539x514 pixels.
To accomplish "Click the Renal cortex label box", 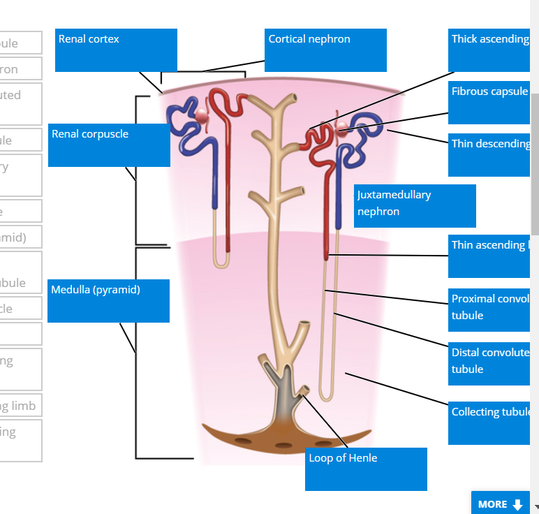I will click(116, 50).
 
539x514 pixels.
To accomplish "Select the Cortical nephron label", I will click(325, 50).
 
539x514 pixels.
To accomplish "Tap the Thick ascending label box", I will click(489, 50).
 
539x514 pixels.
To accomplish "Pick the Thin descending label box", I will click(489, 155).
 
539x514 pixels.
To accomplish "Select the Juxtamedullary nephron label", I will click(415, 205).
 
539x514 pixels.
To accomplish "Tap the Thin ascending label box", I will click(489, 256).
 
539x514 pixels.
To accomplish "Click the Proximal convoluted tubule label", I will click(489, 309).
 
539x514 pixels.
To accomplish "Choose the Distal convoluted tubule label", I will click(489, 363).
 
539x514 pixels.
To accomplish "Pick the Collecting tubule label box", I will click(489, 423).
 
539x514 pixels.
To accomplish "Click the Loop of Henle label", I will click(366, 469).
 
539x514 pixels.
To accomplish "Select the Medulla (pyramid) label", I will click(108, 301).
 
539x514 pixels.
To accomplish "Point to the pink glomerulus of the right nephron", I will click(342, 127).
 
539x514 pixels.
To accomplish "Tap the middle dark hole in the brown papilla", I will click(283, 445).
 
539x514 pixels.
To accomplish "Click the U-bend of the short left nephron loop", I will click(221, 264).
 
